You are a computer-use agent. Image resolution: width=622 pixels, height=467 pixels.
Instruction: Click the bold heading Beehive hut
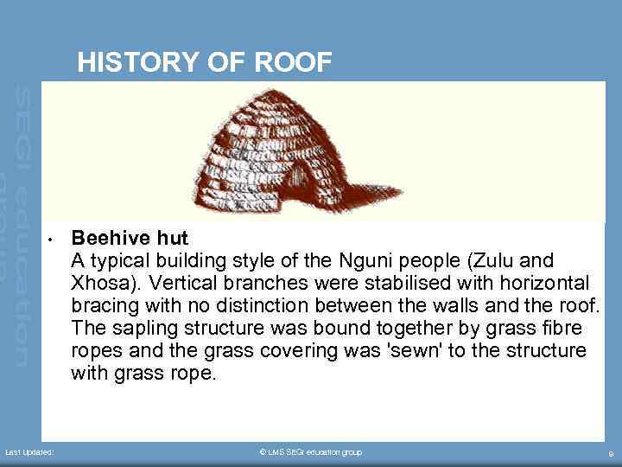(x=130, y=238)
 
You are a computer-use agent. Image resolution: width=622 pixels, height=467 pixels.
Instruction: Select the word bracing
(x=103, y=305)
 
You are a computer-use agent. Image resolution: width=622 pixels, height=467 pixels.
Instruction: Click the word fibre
(x=561, y=329)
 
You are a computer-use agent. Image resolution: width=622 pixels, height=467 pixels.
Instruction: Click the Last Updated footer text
(x=29, y=452)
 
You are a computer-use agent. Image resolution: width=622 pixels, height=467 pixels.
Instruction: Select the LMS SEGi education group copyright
(x=310, y=452)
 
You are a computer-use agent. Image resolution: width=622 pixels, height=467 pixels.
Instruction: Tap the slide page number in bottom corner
(x=611, y=453)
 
